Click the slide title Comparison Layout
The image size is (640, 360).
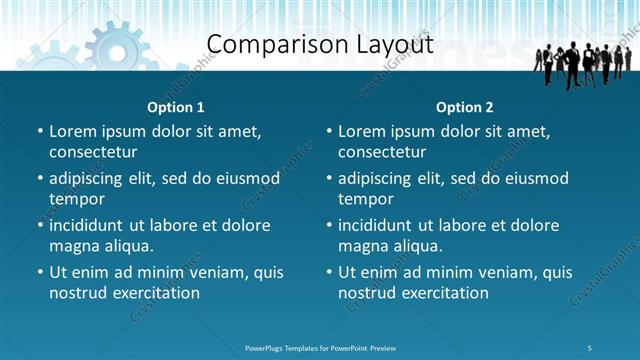point(320,45)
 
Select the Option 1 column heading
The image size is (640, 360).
point(176,107)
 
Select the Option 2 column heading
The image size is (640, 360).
point(465,107)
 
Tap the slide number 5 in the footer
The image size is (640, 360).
point(590,347)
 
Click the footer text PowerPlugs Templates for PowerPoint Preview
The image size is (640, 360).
point(320,347)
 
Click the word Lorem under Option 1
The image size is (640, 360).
point(73,131)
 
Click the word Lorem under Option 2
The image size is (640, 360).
point(362,131)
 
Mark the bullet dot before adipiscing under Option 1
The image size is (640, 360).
point(39,179)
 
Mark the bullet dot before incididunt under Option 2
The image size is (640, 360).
point(328,226)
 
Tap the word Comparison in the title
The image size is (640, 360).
point(269,45)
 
